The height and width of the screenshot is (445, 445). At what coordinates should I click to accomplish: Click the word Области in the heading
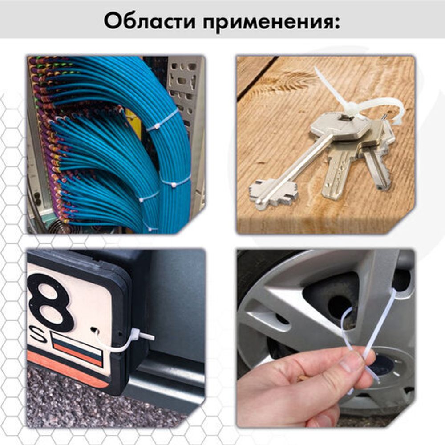tap(149, 20)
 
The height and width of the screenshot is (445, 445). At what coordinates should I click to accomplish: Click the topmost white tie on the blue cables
tap(163, 121)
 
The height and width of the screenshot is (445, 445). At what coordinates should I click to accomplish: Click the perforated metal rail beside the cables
tap(185, 89)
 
